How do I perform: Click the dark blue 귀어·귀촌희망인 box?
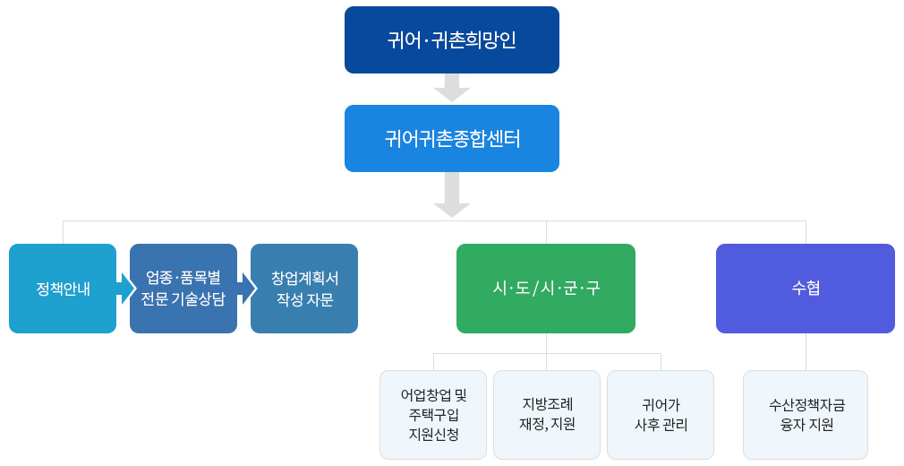click(451, 39)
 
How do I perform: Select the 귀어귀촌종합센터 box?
click(451, 139)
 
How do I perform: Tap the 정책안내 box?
click(63, 289)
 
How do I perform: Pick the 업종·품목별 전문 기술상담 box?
click(183, 289)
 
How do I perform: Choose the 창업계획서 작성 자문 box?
click(304, 289)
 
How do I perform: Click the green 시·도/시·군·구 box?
click(546, 289)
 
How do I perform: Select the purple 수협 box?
click(806, 289)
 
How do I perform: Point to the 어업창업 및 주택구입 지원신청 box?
click(433, 415)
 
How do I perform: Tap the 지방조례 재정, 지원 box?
click(547, 415)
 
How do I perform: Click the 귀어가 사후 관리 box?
click(661, 415)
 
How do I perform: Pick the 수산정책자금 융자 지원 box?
click(806, 415)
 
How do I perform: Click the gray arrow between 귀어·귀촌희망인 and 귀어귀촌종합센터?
click(452, 88)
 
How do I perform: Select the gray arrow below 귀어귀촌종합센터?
click(452, 195)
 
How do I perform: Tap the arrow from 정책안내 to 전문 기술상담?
click(126, 289)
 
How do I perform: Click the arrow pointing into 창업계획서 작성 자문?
click(247, 289)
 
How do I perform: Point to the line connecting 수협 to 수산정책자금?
click(806, 351)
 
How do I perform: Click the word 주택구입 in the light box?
click(433, 415)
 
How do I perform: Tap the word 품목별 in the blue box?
click(200, 278)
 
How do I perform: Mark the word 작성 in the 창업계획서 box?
click(289, 299)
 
